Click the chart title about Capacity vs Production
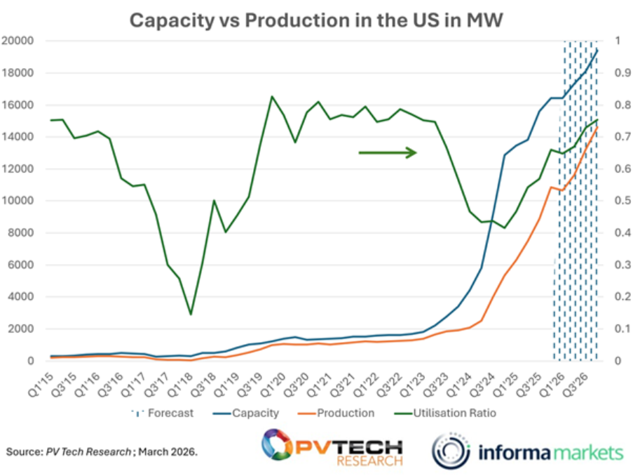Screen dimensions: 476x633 (316, 20)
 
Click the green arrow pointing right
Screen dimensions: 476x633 (388, 152)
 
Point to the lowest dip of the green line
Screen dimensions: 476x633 (191, 314)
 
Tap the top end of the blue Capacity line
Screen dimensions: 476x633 (597, 50)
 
